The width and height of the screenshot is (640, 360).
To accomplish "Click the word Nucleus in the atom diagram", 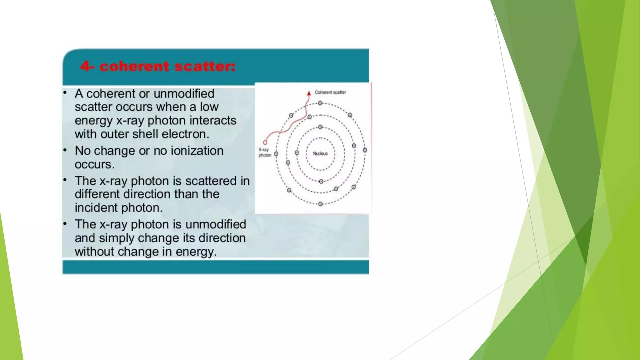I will click(320, 153).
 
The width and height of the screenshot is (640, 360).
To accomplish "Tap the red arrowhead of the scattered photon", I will click(309, 93).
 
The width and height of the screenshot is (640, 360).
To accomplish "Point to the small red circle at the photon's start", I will click(265, 142).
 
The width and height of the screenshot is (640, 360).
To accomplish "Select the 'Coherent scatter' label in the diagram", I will click(330, 92).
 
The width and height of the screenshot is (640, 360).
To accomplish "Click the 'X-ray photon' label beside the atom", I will click(264, 152).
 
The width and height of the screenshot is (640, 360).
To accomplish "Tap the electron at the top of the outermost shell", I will click(320, 103).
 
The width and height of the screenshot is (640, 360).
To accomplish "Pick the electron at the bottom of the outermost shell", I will click(320, 204).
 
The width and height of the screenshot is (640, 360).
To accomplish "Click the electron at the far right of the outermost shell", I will click(365, 150).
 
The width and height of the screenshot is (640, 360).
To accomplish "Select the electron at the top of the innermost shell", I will click(320, 127).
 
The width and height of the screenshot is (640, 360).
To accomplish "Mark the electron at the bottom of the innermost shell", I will click(321, 182).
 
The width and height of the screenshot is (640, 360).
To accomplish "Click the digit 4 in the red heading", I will click(85, 66).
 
